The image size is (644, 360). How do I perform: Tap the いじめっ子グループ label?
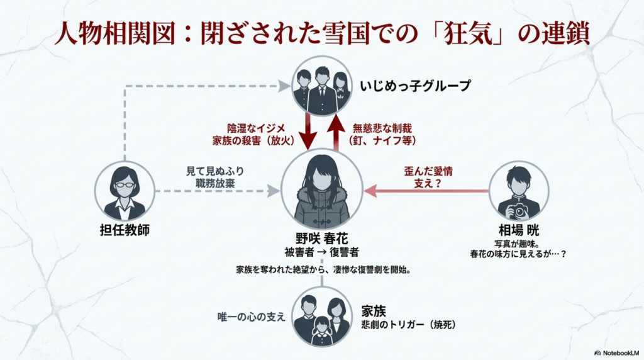415,86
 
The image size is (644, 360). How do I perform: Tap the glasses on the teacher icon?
125,185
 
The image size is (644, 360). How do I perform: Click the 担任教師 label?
124,230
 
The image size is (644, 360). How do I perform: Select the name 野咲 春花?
321,239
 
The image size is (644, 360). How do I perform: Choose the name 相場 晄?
519,230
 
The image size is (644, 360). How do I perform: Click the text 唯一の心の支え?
252,317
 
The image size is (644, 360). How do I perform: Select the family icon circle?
321,317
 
